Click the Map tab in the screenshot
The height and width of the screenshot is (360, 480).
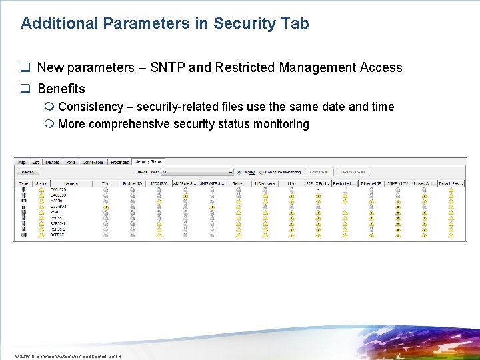pos(22,162)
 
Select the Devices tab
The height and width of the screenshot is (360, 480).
pos(51,162)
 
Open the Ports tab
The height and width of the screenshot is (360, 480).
pos(71,162)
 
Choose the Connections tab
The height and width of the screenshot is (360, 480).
pos(93,162)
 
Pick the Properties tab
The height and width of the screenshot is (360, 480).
pos(120,162)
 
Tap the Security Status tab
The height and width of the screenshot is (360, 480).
pos(148,161)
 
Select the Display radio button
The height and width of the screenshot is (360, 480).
pos(239,172)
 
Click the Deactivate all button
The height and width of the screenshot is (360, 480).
pos(352,172)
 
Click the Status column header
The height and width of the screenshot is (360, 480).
pos(41,183)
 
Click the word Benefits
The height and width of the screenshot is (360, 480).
pos(61,89)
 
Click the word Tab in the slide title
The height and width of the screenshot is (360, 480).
pos(295,23)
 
